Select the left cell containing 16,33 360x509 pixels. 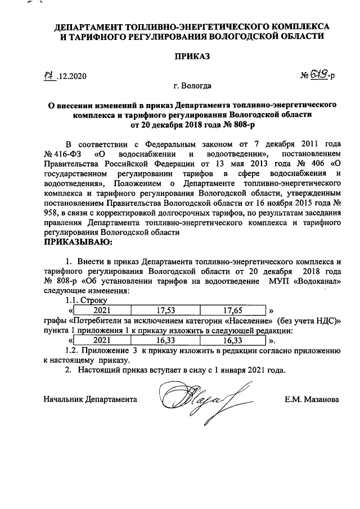point(165,340)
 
